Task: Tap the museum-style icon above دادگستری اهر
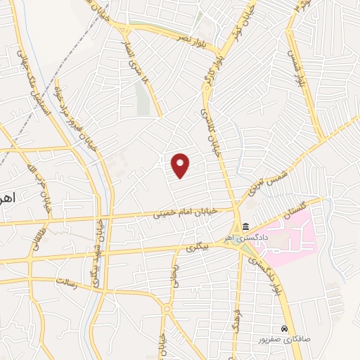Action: click(x=245, y=226)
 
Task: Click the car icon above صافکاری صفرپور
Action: click(x=283, y=328)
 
